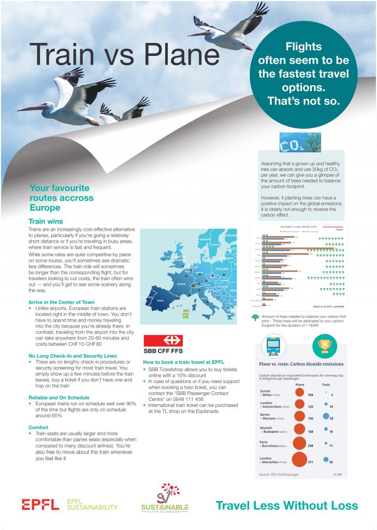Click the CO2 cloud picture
pos(300,142)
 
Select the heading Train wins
pos(46,221)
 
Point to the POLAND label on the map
pos(222,269)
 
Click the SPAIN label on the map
pos(160,301)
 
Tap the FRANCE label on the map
pos(181,284)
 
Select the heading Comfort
pos(39,427)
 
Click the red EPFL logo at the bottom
pos(40,505)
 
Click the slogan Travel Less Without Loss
pos(286,505)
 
